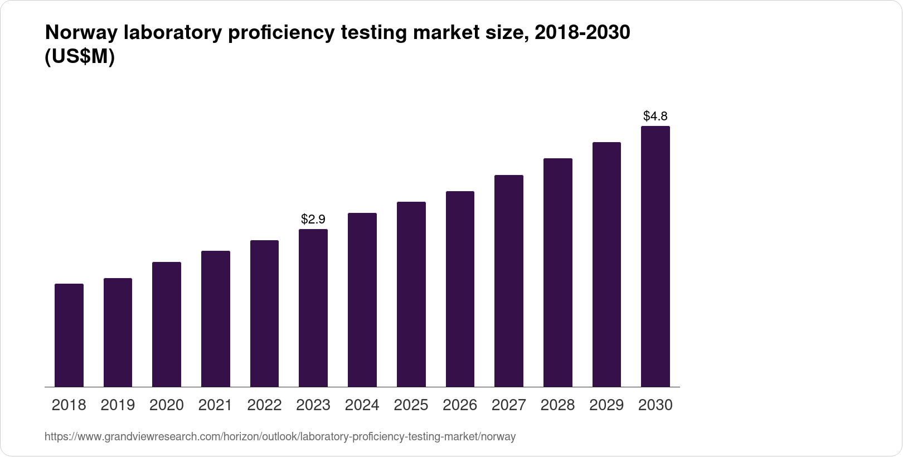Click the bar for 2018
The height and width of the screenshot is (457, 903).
(69, 335)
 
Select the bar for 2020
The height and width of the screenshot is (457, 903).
(167, 324)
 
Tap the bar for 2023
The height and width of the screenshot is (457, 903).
(313, 308)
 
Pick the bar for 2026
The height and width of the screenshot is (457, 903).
(460, 289)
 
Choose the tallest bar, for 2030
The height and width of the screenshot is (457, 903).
(656, 256)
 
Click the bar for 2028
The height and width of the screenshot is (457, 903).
(557, 273)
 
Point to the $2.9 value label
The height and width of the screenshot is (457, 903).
(313, 219)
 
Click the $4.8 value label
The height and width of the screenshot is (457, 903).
(656, 116)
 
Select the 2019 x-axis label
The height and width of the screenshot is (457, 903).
(118, 405)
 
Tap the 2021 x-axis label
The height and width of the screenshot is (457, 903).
(215, 405)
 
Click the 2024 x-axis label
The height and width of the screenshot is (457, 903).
(362, 405)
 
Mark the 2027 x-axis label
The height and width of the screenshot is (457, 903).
(508, 405)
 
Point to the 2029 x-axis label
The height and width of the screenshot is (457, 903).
(606, 405)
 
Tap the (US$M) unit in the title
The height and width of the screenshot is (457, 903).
(79, 57)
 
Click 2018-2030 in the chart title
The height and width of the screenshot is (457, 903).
(582, 33)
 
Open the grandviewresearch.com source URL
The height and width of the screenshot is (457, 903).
(280, 437)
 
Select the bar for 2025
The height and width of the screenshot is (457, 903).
(411, 294)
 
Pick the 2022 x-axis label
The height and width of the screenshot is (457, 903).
(264, 405)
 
